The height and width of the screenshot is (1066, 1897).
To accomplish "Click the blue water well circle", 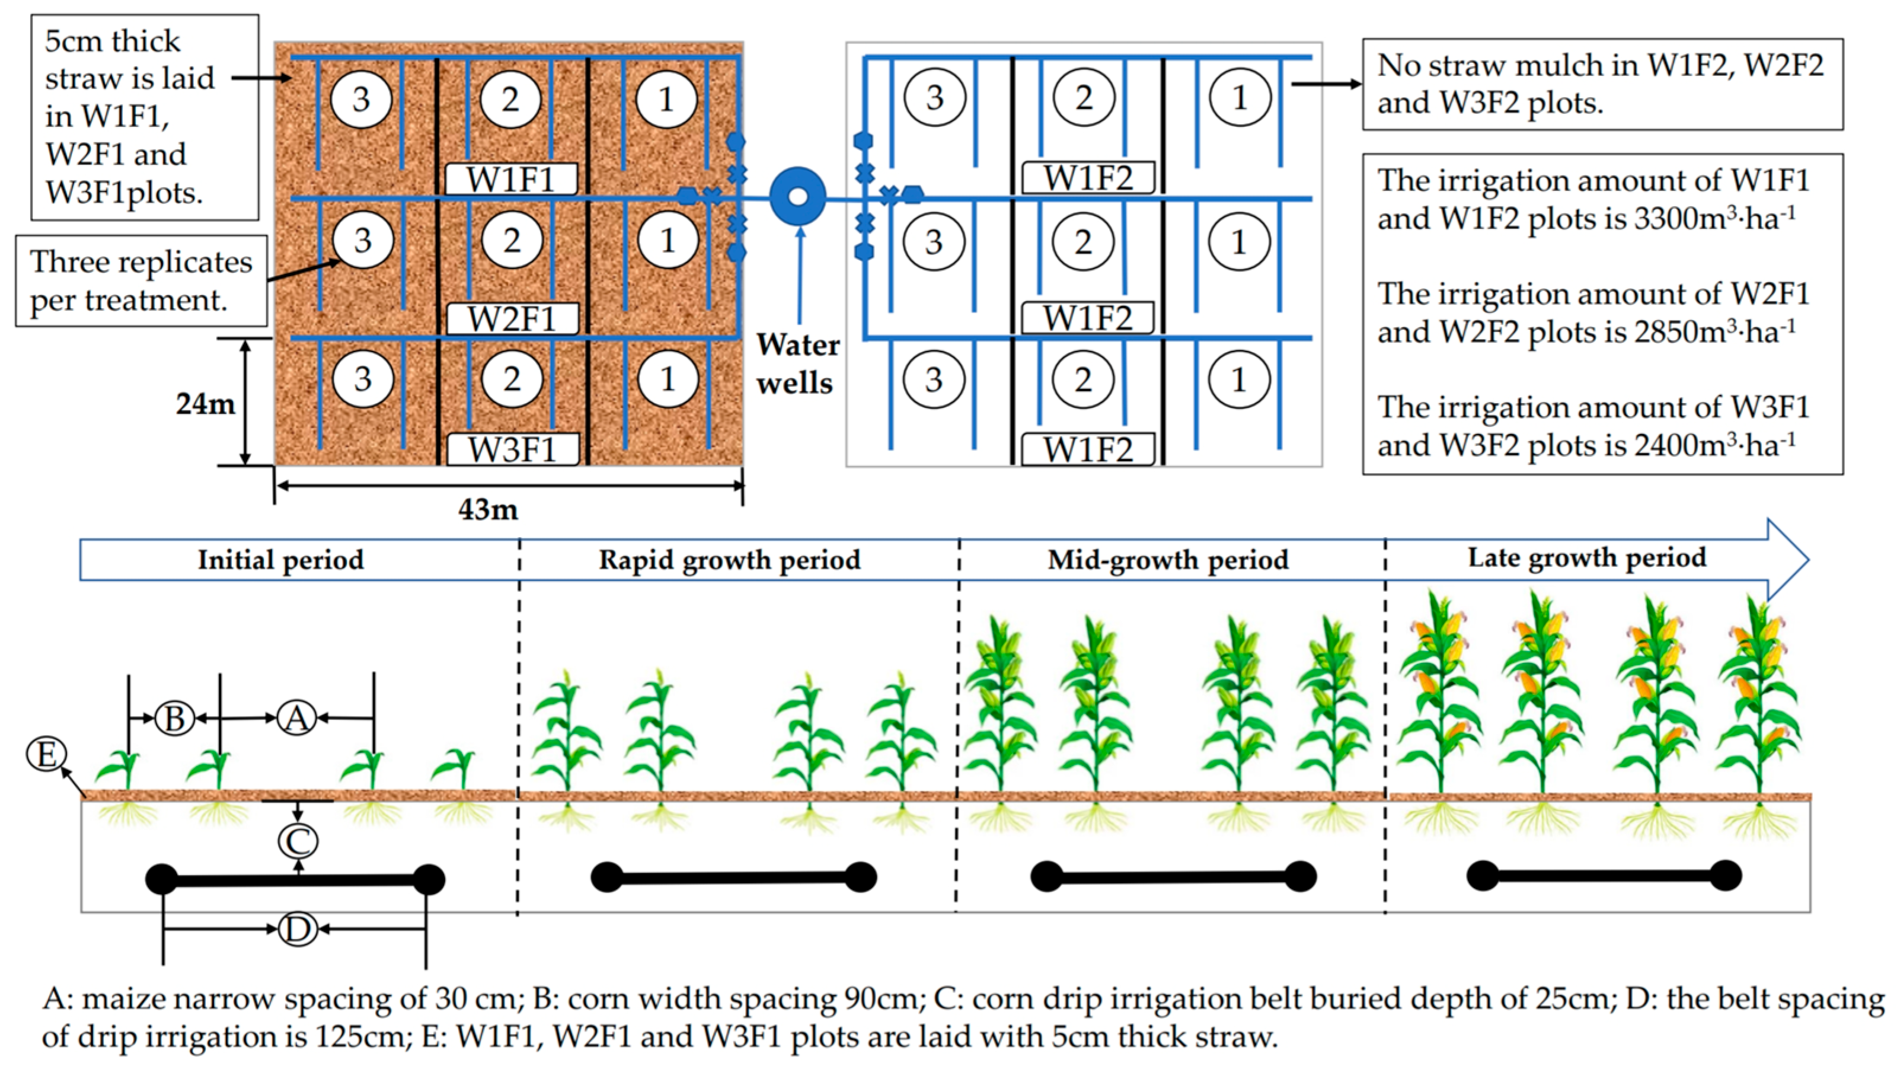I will coord(797,196).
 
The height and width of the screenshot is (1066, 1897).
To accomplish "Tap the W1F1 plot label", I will coord(510,179).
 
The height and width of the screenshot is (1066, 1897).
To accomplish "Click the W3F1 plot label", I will coord(513,449).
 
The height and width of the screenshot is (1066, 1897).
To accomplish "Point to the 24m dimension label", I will coord(205,404).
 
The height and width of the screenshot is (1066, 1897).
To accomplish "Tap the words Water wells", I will coord(797,364).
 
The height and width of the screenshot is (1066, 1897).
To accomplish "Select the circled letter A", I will coord(297,717).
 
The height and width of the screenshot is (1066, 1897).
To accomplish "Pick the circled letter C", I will coord(298,841).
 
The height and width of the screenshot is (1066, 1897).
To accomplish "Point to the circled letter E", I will coord(46,754).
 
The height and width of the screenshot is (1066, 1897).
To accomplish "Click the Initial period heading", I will coord(280,560).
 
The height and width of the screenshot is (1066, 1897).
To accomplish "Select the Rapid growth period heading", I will coord(729,560).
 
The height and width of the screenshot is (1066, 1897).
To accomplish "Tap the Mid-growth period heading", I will coord(1168,560).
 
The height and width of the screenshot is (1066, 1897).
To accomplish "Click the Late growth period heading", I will coord(1587,558).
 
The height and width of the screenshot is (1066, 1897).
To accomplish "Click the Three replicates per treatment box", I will coord(140,280).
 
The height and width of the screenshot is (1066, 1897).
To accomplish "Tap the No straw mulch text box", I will coord(1602,84).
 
